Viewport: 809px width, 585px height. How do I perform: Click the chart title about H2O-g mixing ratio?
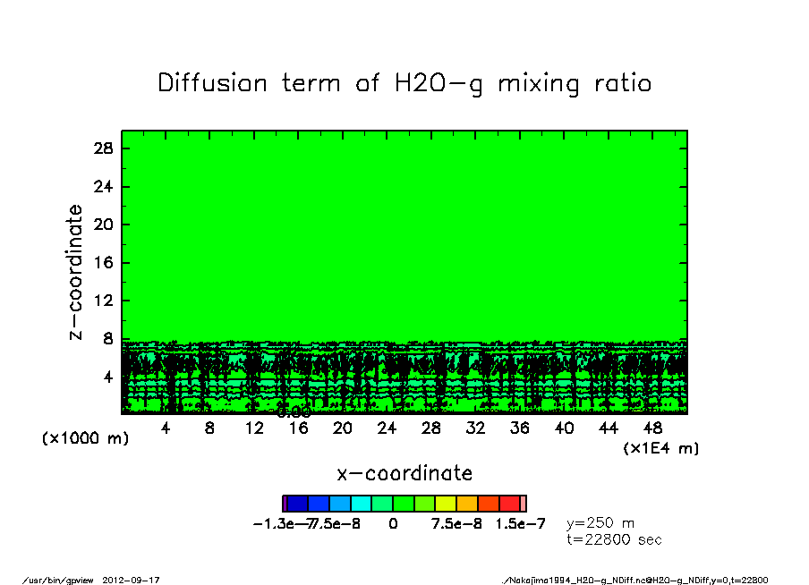(404, 84)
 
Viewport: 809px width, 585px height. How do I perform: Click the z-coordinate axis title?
(76, 272)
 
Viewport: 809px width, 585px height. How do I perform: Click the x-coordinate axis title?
(404, 473)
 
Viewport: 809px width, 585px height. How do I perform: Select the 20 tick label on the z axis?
(104, 225)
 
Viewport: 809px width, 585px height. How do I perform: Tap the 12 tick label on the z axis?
(104, 301)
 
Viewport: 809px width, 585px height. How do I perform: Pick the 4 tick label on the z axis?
(108, 377)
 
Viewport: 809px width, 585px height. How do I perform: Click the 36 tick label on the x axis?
(519, 428)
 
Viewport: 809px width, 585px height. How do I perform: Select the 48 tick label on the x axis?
(652, 428)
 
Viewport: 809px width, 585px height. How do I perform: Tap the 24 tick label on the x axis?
(387, 428)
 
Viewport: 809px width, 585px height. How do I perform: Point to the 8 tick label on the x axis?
(209, 428)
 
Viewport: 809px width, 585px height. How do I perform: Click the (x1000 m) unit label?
(81, 439)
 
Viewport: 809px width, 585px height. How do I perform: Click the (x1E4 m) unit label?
(661, 448)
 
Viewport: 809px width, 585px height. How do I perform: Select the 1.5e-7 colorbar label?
(520, 523)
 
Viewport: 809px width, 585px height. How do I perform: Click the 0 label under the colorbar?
(393, 523)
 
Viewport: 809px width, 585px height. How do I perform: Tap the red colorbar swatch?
(509, 504)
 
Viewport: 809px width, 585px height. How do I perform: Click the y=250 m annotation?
(600, 522)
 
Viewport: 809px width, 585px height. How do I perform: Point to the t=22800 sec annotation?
(614, 539)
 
